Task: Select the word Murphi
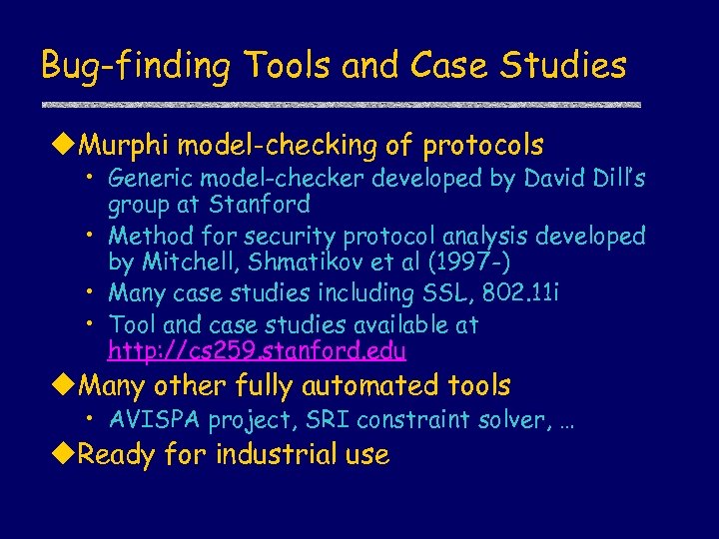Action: tap(124, 146)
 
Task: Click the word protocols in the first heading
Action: tap(483, 146)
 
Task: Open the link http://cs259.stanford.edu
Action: tap(258, 351)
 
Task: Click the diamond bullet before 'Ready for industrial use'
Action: tap(64, 455)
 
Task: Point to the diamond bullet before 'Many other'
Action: tap(64, 385)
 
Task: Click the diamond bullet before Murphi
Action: tap(64, 146)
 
